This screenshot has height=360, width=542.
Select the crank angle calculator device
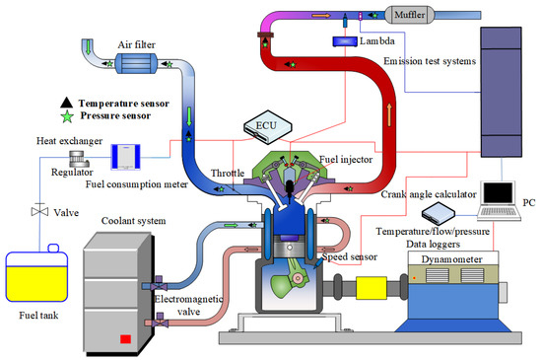(440, 214)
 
